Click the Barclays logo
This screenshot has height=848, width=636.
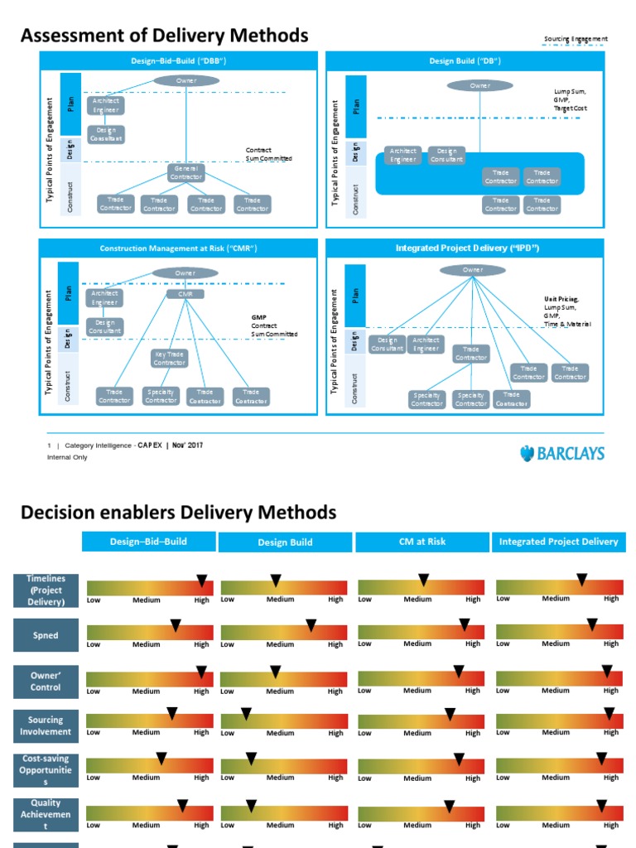click(562, 453)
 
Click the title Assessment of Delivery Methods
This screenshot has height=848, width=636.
click(164, 36)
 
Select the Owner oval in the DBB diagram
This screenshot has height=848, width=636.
click(186, 80)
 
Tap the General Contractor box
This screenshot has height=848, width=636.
click(186, 172)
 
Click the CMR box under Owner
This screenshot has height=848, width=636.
click(185, 293)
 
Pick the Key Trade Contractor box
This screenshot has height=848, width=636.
click(169, 359)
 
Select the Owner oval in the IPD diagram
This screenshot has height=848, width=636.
click(472, 270)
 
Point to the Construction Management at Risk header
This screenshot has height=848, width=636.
click(178, 248)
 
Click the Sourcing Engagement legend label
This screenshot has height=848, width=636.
click(576, 39)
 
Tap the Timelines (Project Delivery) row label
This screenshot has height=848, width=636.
click(46, 590)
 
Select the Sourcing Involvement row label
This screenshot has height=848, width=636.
click(46, 725)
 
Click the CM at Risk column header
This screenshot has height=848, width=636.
click(423, 542)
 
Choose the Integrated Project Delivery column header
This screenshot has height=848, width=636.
click(558, 542)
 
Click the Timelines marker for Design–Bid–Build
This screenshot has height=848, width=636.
click(201, 581)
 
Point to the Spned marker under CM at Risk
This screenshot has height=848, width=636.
click(464, 624)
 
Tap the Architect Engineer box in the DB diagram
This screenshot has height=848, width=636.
click(403, 156)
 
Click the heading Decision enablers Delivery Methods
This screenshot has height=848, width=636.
click(178, 513)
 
